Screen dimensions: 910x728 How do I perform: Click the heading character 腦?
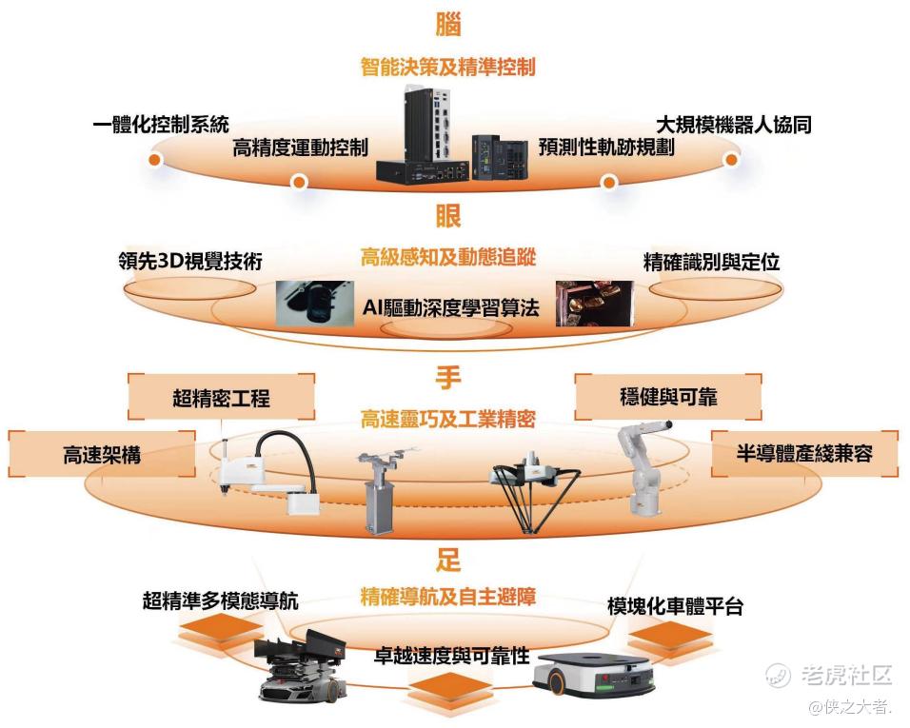pyautogui.click(x=448, y=24)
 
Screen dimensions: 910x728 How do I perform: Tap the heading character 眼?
pyautogui.click(x=448, y=216)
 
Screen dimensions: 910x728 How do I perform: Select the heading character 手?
pyautogui.click(x=448, y=378)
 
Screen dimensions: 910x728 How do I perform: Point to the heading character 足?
pyautogui.click(x=448, y=560)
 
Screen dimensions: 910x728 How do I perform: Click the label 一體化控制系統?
pyautogui.click(x=161, y=124)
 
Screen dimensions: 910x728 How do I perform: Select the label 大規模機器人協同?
pyautogui.click(x=734, y=125)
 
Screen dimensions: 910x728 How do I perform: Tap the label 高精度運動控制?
pyautogui.click(x=300, y=148)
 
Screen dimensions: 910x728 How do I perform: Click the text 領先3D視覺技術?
pyautogui.click(x=190, y=261)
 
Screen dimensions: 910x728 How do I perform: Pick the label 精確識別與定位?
pyautogui.click(x=711, y=263)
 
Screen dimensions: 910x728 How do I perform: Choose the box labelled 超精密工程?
pyautogui.click(x=221, y=398)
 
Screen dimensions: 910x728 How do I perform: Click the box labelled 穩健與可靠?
pyautogui.click(x=668, y=397)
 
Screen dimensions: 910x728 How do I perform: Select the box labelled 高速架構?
pyautogui.click(x=102, y=454)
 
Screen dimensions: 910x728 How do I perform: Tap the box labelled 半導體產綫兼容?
pyautogui.click(x=804, y=453)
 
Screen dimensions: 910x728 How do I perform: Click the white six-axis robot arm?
pyautogui.click(x=643, y=467)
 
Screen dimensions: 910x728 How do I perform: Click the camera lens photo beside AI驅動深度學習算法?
pyautogui.click(x=314, y=303)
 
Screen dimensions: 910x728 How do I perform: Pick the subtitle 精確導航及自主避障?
pyautogui.click(x=448, y=597)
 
